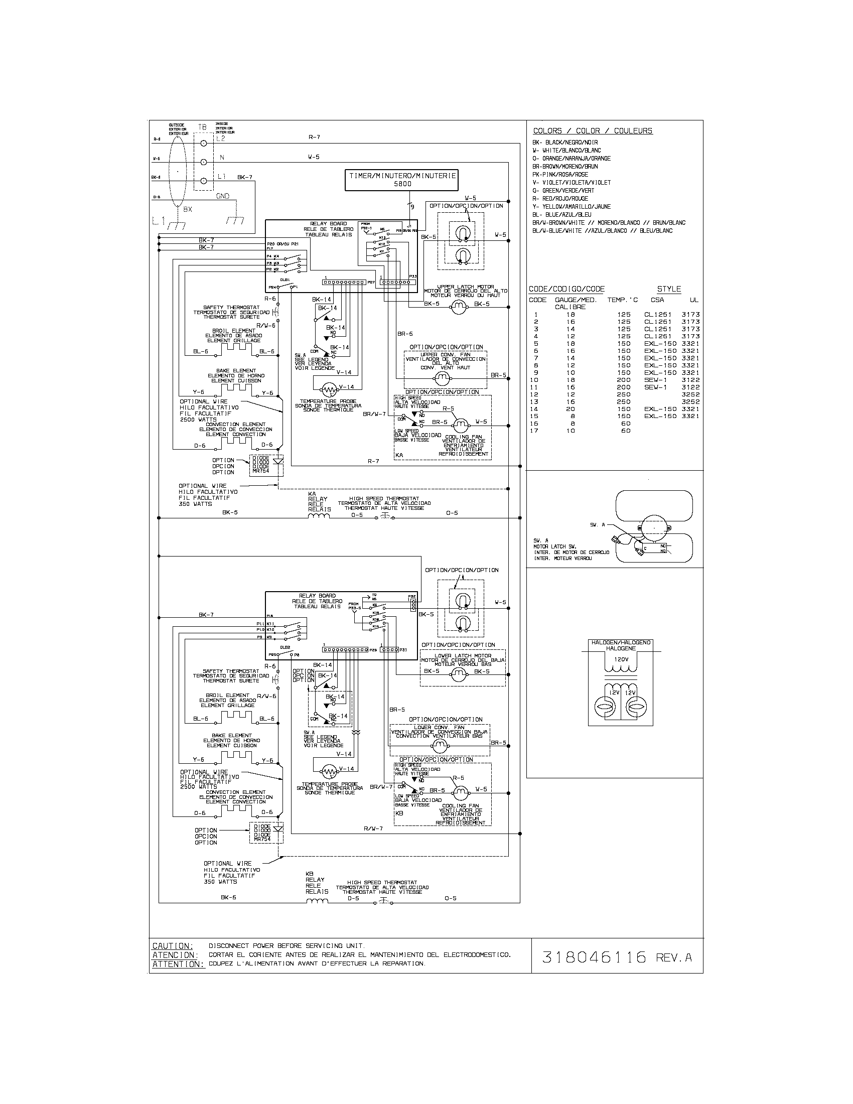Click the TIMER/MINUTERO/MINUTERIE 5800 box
click(402, 180)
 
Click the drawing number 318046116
click(594, 957)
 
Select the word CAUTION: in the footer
click(173, 946)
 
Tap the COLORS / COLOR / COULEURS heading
click(593, 131)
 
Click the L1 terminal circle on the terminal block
click(204, 181)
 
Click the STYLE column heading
click(668, 289)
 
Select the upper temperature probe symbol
click(329, 390)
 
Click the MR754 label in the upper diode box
click(261, 471)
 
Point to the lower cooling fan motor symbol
click(460, 791)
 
